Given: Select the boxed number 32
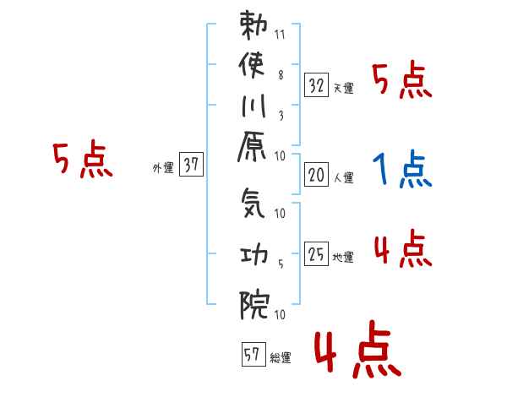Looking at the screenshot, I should point(317,85).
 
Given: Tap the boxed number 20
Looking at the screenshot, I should point(317,176).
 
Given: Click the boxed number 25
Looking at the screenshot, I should point(317,254).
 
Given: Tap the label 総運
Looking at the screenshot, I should point(280,358).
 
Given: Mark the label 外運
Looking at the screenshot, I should point(162,168).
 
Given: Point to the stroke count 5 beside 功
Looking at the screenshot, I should point(280,264).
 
